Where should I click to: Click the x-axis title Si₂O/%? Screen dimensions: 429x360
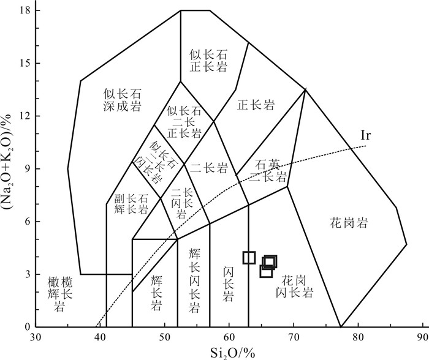[227, 351]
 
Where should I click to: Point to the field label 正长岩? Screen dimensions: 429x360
[256, 105]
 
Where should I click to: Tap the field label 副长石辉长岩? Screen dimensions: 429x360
[131, 204]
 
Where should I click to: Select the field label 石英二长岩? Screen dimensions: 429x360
[272, 172]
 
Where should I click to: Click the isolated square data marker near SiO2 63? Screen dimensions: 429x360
[248, 257]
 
